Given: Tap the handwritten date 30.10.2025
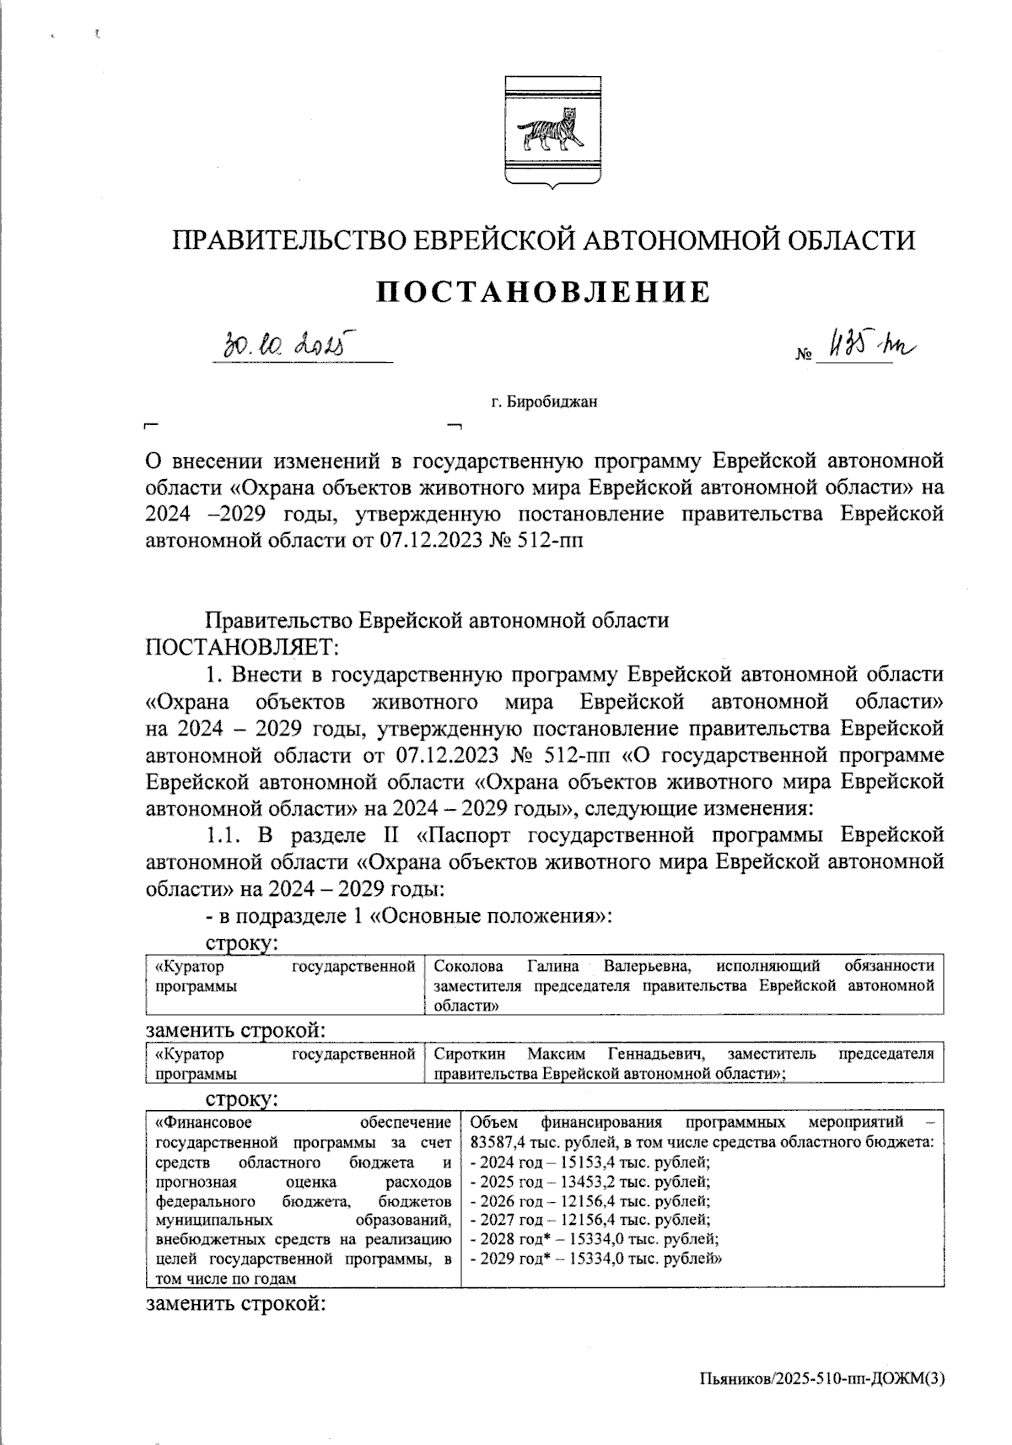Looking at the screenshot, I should [x=287, y=345].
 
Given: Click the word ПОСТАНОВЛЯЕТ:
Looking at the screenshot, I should [x=243, y=647].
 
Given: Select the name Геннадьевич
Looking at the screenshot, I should [x=655, y=1054].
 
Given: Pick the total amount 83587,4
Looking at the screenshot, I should [x=497, y=1142].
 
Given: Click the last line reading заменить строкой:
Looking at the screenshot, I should [x=236, y=1304].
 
